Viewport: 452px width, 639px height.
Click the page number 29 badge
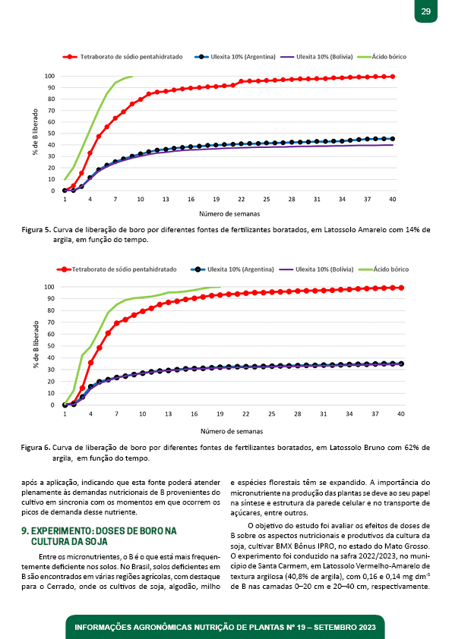click(x=426, y=11)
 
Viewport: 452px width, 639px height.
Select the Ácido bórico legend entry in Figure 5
click(x=382, y=57)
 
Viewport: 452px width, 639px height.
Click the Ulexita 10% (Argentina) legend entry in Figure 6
click(x=232, y=269)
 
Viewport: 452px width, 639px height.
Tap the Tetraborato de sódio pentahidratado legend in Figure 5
click(x=123, y=57)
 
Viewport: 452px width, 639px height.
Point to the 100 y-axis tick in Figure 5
click(x=50, y=76)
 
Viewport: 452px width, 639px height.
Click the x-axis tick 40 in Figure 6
click(x=401, y=414)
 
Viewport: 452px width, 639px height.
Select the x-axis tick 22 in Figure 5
click(x=242, y=200)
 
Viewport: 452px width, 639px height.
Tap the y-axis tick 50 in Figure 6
click(x=51, y=346)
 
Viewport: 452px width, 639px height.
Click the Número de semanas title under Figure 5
click(x=229, y=213)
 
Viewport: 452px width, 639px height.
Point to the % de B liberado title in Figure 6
click(x=36, y=345)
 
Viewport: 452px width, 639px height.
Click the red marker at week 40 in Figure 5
click(x=393, y=77)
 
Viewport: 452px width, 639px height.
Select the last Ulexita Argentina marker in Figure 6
click(x=401, y=364)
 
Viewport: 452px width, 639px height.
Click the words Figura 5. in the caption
click(x=36, y=230)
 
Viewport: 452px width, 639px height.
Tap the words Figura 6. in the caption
click(x=36, y=448)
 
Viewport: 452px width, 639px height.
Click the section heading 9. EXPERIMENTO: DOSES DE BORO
click(x=99, y=531)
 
